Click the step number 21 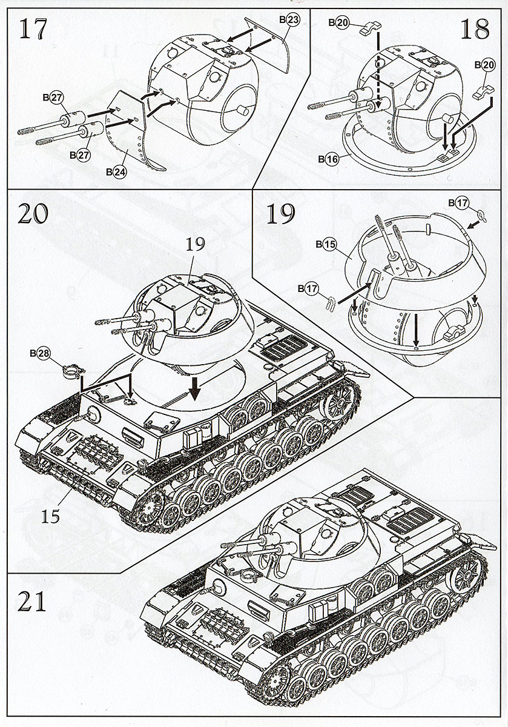(33, 603)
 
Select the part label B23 (290, 19)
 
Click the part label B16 (329, 159)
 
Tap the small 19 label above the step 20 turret (197, 244)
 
